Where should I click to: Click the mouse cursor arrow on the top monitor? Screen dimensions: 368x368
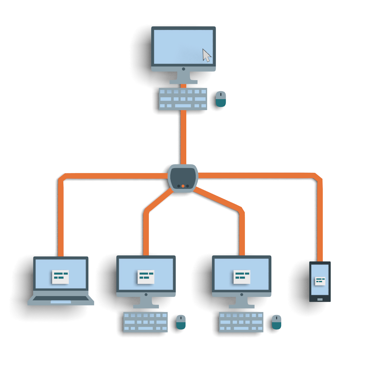tap(206, 55)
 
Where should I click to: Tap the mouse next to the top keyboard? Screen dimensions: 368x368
tap(221, 99)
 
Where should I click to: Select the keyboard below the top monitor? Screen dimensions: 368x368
tap(183, 99)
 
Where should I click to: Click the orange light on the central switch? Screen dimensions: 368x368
tap(183, 186)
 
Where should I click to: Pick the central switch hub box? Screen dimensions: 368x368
tap(183, 177)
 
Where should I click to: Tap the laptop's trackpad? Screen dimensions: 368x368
tap(60, 302)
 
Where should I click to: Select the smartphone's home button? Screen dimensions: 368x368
tap(320, 299)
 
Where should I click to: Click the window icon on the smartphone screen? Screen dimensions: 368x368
tap(320, 281)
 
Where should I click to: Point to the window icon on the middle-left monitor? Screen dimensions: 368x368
tap(146, 276)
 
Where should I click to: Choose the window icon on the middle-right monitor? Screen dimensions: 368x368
tap(242, 276)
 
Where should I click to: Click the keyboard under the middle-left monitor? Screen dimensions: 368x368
tap(146, 322)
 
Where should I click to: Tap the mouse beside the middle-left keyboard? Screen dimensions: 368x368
tap(181, 322)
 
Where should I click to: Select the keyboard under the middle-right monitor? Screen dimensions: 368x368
tap(241, 322)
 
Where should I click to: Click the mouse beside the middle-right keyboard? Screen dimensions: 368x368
tap(276, 322)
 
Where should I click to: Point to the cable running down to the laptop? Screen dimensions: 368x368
tap(60, 216)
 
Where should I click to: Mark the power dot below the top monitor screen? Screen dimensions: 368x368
tap(183, 69)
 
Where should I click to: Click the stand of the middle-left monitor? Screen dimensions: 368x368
tap(146, 302)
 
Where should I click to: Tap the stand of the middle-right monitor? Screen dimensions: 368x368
tap(242, 302)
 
